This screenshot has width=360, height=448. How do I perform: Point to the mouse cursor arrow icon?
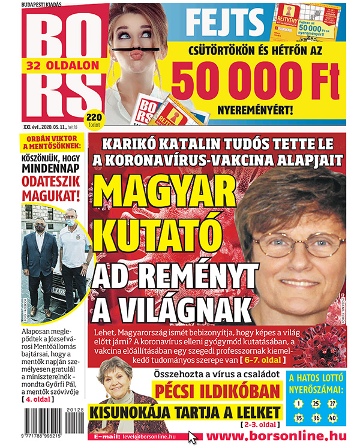(193, 437)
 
